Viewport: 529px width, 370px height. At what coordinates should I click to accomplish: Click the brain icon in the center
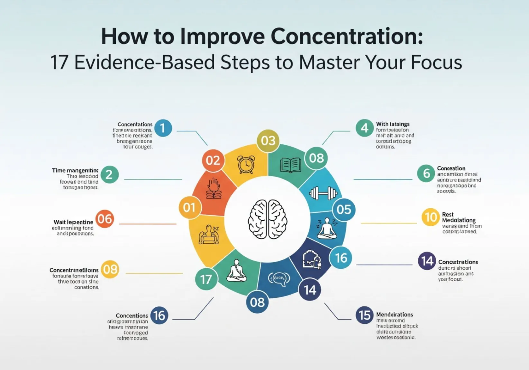tap(268, 219)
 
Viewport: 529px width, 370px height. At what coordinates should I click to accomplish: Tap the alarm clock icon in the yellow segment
tap(246, 164)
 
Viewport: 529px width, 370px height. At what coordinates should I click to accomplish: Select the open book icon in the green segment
tap(290, 165)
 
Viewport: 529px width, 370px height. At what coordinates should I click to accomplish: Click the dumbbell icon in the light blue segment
tap(323, 194)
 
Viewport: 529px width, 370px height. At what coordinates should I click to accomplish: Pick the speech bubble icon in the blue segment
tap(279, 278)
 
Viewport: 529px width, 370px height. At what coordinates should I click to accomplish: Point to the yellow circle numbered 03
tap(268, 140)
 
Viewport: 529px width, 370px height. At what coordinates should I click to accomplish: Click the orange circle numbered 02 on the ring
tap(213, 160)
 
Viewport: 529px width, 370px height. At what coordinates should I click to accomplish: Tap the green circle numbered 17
tap(206, 279)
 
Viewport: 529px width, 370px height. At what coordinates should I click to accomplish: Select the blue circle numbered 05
tap(343, 210)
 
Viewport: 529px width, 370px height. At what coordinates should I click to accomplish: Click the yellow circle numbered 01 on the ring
tap(189, 207)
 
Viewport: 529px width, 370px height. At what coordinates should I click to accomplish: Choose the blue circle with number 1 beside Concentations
tap(163, 128)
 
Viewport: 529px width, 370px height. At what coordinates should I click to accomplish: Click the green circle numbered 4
tap(364, 128)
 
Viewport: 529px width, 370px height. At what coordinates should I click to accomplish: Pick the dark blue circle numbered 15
tap(365, 315)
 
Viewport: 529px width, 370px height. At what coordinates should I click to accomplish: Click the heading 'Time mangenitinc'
tap(75, 170)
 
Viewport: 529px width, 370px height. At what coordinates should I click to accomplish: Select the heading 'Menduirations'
tap(394, 314)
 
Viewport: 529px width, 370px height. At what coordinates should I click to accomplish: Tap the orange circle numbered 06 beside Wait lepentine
tap(105, 219)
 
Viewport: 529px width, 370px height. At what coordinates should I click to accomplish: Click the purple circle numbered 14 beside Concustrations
tap(427, 261)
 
